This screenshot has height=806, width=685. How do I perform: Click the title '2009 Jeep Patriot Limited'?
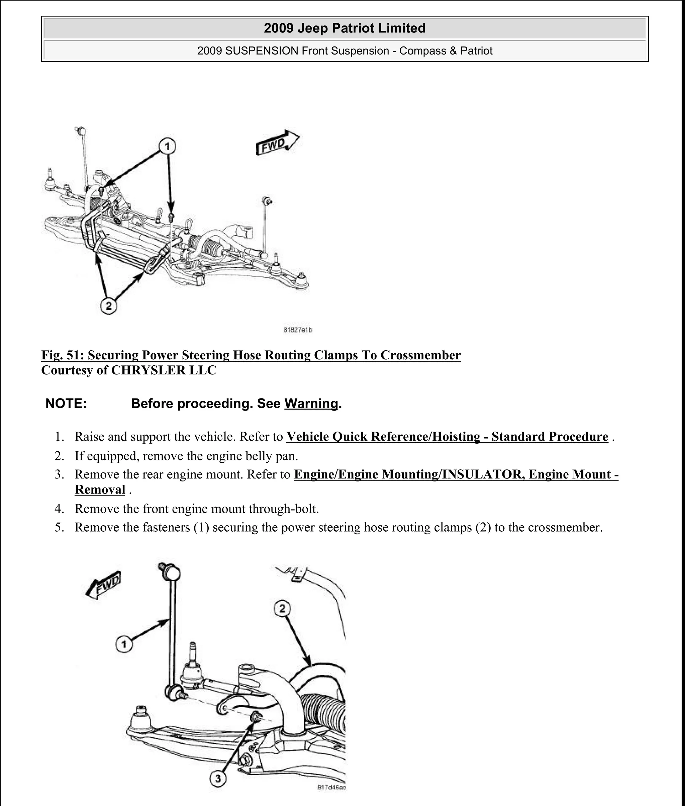click(345, 28)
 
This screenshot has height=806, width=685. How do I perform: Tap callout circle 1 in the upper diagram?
click(167, 147)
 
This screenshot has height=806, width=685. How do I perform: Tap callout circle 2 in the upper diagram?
click(108, 306)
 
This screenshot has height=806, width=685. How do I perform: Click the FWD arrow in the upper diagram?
click(277, 143)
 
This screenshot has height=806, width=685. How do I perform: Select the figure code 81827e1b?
click(298, 330)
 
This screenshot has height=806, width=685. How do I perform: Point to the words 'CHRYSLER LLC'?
click(164, 370)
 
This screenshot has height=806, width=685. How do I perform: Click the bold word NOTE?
click(66, 404)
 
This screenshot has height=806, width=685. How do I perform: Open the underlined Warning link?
click(311, 404)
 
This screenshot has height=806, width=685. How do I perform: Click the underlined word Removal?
click(100, 489)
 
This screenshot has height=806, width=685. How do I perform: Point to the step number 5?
click(59, 528)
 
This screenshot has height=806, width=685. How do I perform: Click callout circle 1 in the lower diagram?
click(124, 645)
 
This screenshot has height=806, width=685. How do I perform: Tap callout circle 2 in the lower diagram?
click(282, 608)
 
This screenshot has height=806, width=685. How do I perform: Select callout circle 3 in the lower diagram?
click(218, 779)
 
